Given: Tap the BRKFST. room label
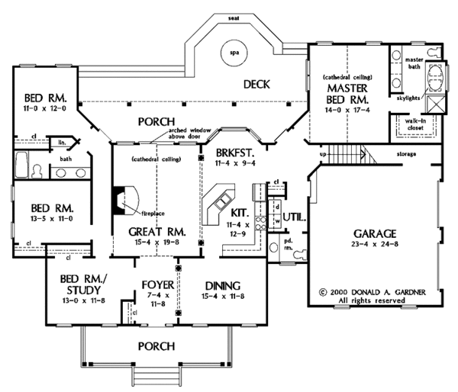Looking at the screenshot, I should (231, 142).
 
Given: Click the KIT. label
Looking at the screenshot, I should (227, 213).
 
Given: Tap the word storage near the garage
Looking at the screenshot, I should (406, 154).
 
